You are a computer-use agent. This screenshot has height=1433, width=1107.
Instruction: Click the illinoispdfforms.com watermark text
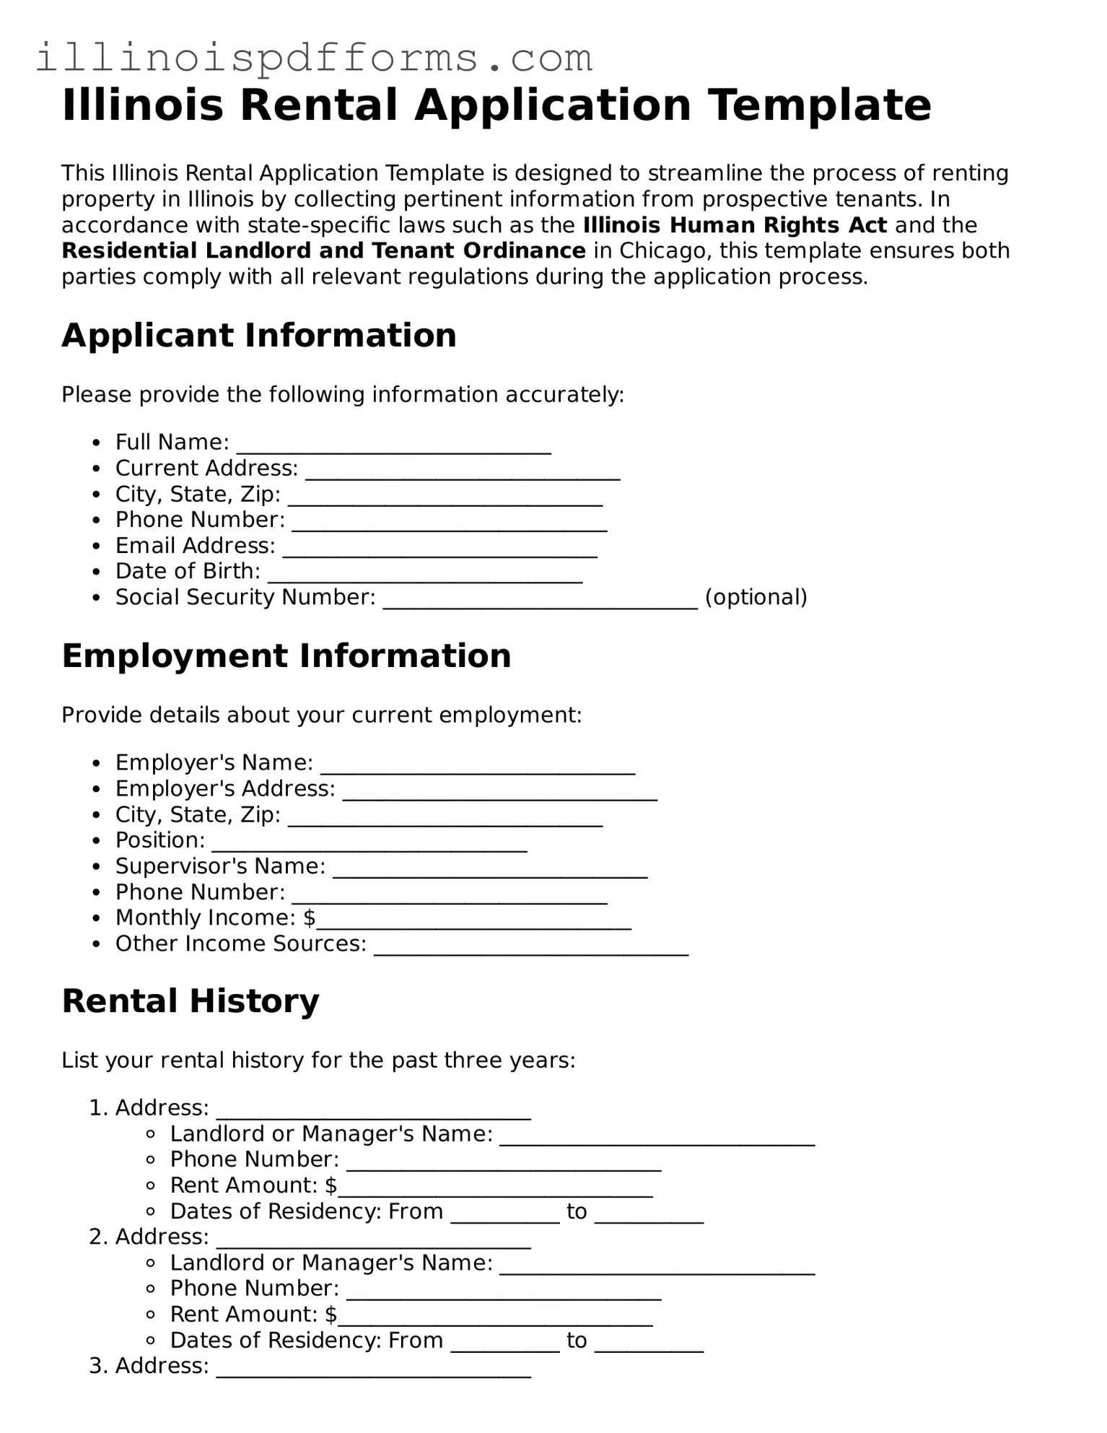(314, 58)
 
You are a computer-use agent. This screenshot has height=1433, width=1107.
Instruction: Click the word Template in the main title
(819, 105)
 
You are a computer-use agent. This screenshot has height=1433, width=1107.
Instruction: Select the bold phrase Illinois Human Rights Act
(735, 225)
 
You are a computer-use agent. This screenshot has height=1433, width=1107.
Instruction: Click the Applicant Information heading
(259, 336)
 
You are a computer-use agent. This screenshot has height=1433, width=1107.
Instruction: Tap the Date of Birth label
(188, 572)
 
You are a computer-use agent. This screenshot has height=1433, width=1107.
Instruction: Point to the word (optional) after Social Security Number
(756, 598)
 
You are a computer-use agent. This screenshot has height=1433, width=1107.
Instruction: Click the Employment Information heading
(286, 656)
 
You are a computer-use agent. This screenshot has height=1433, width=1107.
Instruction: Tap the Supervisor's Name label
(220, 866)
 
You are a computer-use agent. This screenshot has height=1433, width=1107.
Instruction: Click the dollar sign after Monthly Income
(310, 918)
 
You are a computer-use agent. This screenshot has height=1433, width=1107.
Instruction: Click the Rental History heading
(191, 1001)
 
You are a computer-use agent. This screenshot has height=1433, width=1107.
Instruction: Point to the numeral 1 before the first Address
(95, 1108)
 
